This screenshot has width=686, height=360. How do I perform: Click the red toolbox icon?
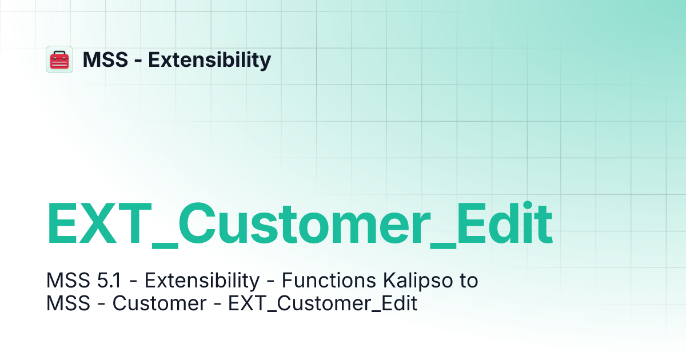pos(59,59)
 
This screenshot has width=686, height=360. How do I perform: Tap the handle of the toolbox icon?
pos(59,53)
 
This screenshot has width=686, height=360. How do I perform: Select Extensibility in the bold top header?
pos(210,59)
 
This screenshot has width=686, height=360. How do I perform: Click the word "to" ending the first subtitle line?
pos(467,281)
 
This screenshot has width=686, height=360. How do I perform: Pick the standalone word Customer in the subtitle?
pos(159,303)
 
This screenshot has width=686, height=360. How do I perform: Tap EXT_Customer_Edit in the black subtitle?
pos(323,303)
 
